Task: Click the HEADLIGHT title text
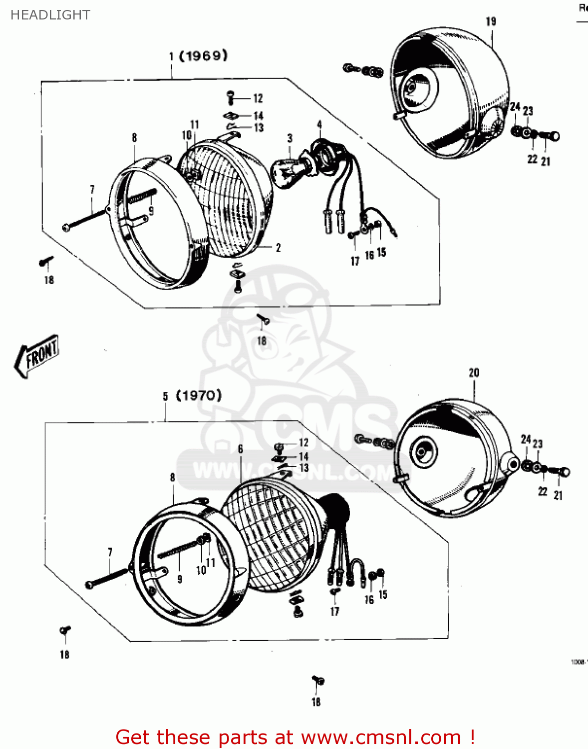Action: tap(50, 15)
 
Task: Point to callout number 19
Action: tap(491, 21)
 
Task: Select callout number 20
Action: tap(474, 373)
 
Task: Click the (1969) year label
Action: tap(203, 55)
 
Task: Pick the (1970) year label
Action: tap(199, 395)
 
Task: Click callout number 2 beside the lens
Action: tap(278, 247)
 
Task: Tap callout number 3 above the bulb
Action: tap(290, 138)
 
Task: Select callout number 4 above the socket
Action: tap(319, 125)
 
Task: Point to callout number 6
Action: tap(241, 449)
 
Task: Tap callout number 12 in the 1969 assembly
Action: tap(258, 98)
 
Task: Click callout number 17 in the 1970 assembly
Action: tap(334, 611)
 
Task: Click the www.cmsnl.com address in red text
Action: tap(381, 737)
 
